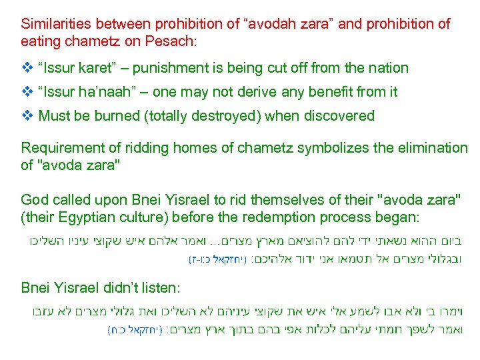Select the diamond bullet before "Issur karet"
point(27,67)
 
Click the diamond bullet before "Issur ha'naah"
point(27,91)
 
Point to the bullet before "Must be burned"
point(27,115)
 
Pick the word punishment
point(178,67)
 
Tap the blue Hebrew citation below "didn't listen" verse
point(136,329)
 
